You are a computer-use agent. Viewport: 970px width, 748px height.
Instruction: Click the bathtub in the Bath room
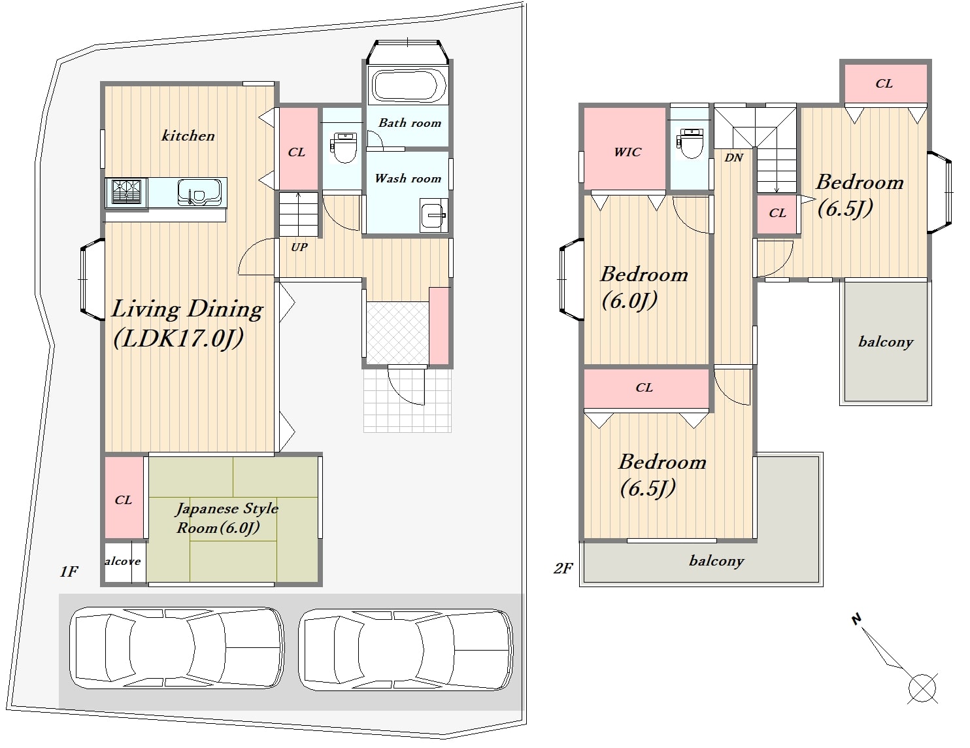(x=409, y=85)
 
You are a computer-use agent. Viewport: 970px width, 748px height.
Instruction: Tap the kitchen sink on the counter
(x=199, y=192)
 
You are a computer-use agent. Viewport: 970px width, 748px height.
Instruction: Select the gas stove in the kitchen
(x=126, y=192)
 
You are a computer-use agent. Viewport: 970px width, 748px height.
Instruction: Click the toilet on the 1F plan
(x=343, y=147)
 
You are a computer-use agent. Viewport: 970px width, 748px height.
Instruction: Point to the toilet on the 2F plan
(x=690, y=143)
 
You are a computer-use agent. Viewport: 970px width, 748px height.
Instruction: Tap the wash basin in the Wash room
(x=433, y=216)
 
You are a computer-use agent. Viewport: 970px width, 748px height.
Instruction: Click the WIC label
(x=627, y=152)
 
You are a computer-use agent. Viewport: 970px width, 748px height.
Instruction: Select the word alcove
(x=122, y=562)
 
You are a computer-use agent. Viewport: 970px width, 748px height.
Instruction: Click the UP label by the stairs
(x=299, y=247)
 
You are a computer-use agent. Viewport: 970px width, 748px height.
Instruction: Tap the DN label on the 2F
(x=734, y=158)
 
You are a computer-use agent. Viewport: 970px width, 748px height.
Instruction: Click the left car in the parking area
(x=176, y=647)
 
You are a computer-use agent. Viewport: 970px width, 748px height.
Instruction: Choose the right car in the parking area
(x=405, y=649)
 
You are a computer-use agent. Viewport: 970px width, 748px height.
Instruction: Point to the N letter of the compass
(x=856, y=619)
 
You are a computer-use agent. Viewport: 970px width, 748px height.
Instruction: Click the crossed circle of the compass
(x=922, y=688)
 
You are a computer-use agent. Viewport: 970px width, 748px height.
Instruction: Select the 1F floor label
(x=69, y=571)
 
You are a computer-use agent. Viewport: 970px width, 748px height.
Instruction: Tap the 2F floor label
(x=563, y=568)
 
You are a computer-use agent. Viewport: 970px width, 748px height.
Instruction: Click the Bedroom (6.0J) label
(x=644, y=288)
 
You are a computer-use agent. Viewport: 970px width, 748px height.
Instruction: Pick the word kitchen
(x=188, y=136)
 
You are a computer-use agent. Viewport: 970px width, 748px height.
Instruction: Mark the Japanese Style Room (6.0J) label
(x=227, y=518)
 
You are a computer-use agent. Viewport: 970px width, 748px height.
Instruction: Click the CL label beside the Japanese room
(x=123, y=500)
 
